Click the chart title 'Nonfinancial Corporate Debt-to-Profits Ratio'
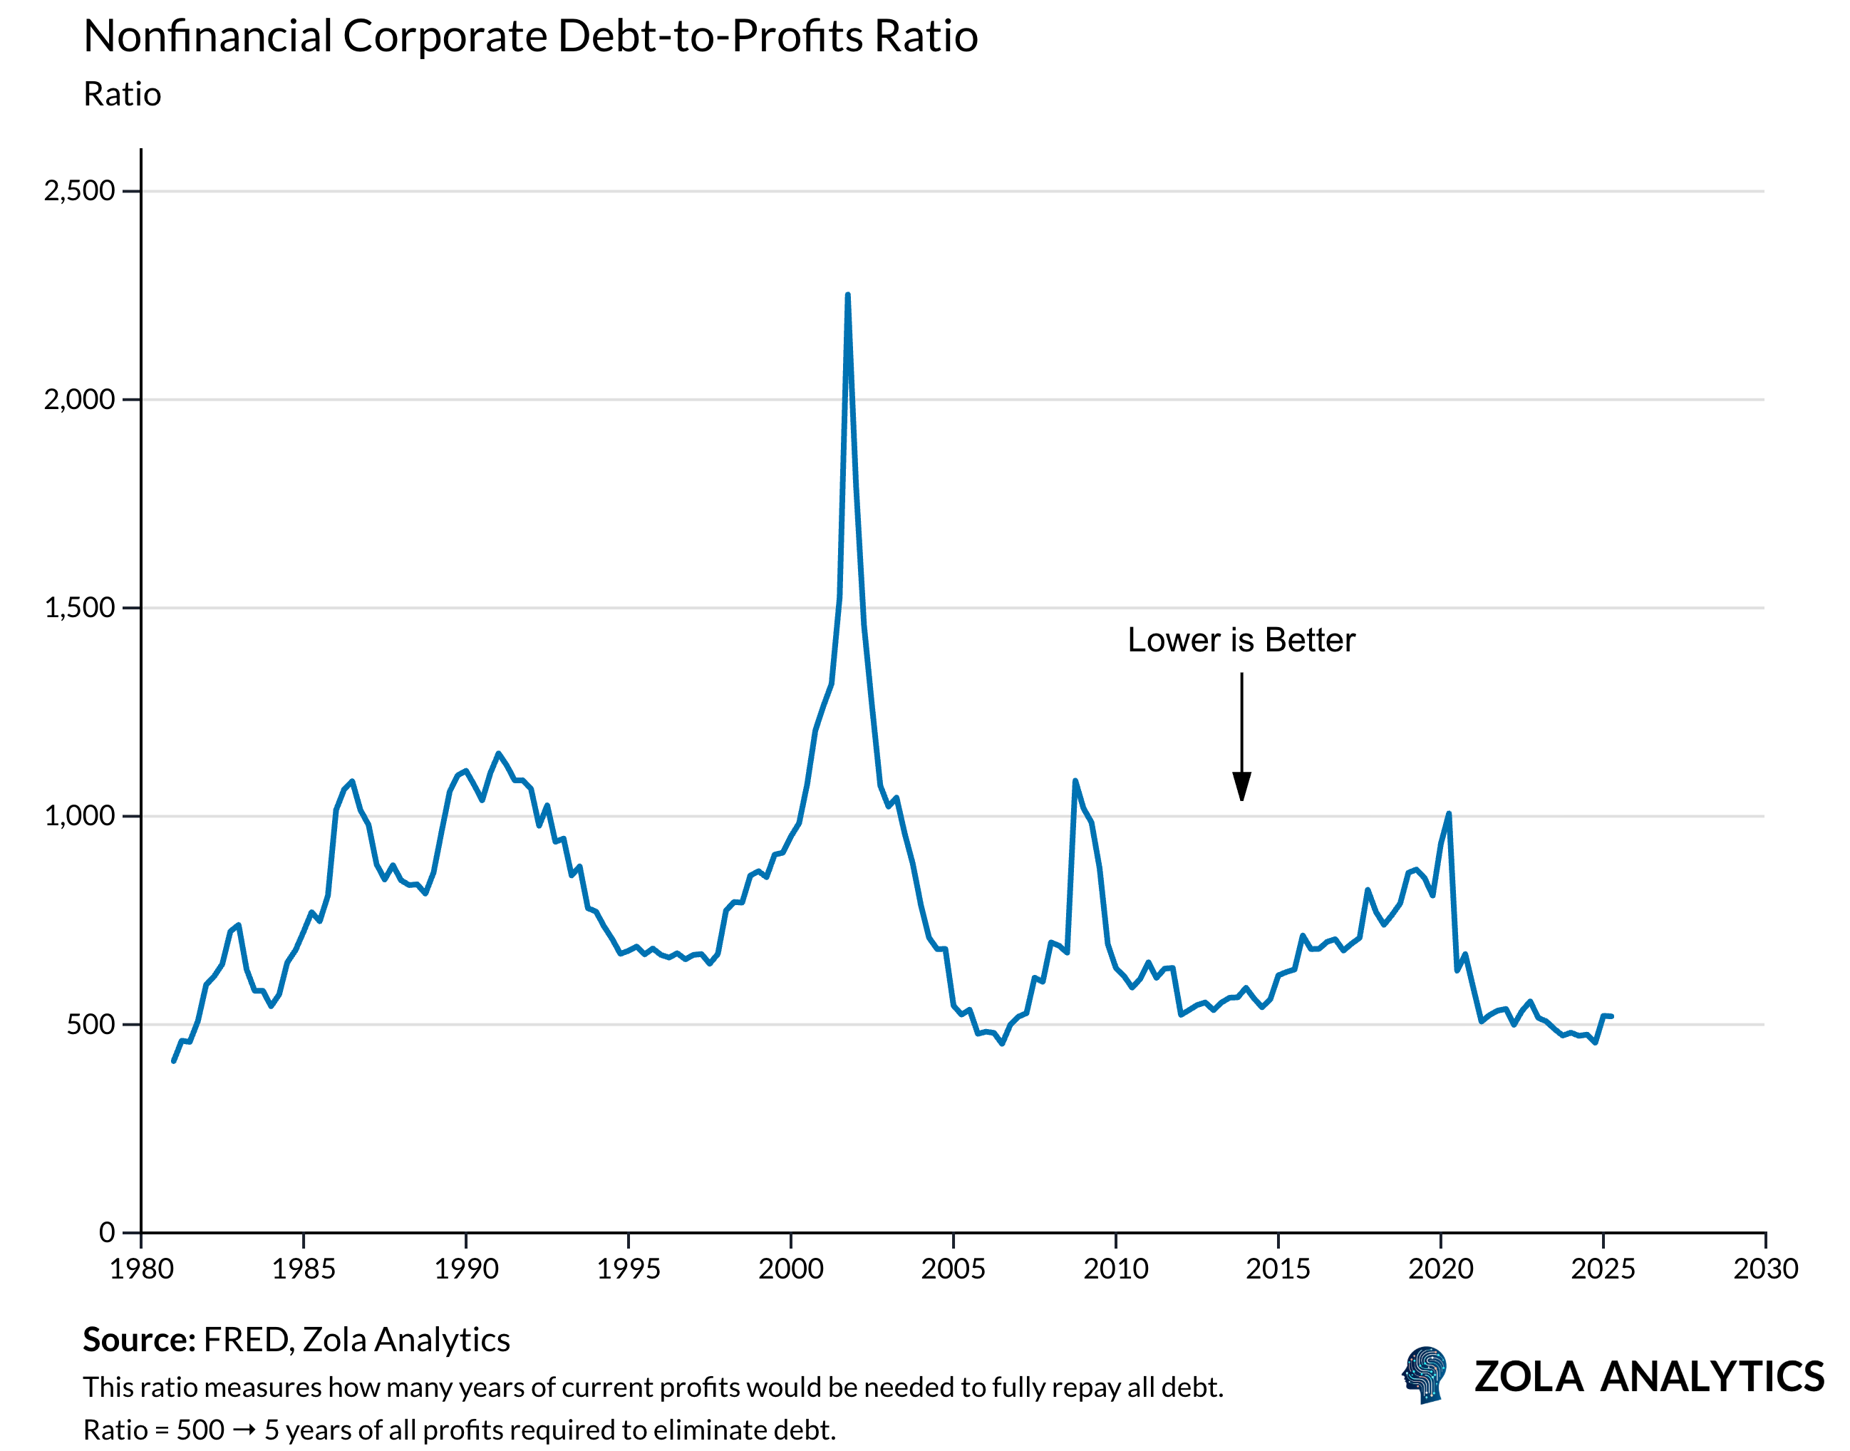click(531, 37)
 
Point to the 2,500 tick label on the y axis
click(79, 191)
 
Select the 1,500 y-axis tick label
click(79, 608)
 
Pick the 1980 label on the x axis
click(141, 1269)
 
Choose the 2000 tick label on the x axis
click(791, 1269)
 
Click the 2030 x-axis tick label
click(1765, 1269)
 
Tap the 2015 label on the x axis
click(1278, 1269)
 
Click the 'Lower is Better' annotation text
click(1241, 641)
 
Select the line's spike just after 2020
click(1448, 814)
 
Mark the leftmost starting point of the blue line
click(173, 1061)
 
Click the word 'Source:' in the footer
click(139, 1341)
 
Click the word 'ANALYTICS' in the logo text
click(1712, 1377)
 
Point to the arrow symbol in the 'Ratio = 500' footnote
click(244, 1430)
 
